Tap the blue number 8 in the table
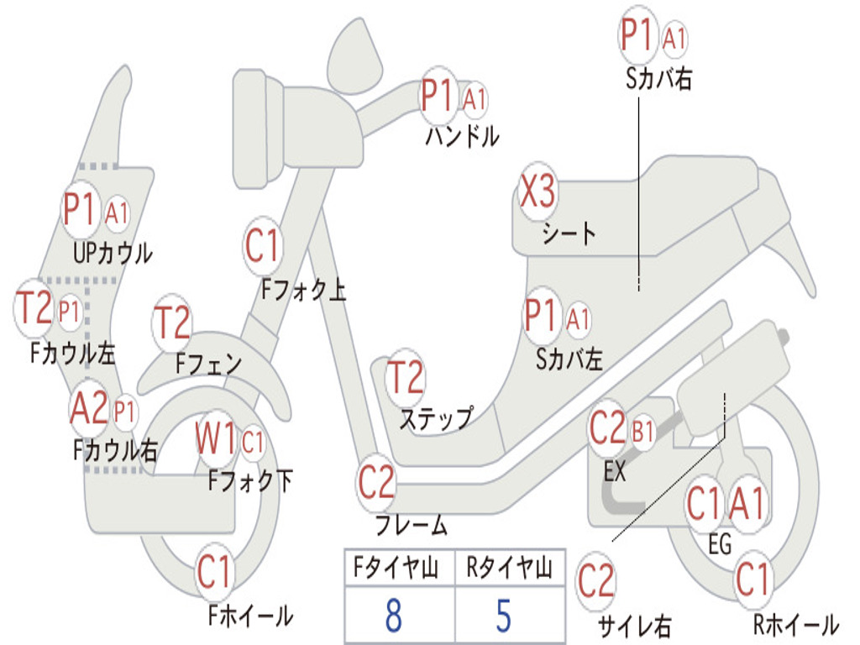coord(394,615)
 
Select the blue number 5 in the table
coord(504,615)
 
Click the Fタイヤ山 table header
coord(396,567)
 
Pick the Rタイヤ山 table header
coord(509,567)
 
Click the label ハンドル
coord(463,135)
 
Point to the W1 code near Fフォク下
coord(216,438)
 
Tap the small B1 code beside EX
coord(643,432)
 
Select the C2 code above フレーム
coord(376,482)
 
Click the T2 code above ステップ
coord(406,377)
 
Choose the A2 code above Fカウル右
coord(89,408)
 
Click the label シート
coord(569,233)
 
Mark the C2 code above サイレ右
coord(596,581)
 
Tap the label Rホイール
coord(796,624)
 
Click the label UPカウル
coord(113,253)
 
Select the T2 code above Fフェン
coord(172,322)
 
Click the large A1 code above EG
coord(747,503)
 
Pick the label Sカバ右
coord(658,78)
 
